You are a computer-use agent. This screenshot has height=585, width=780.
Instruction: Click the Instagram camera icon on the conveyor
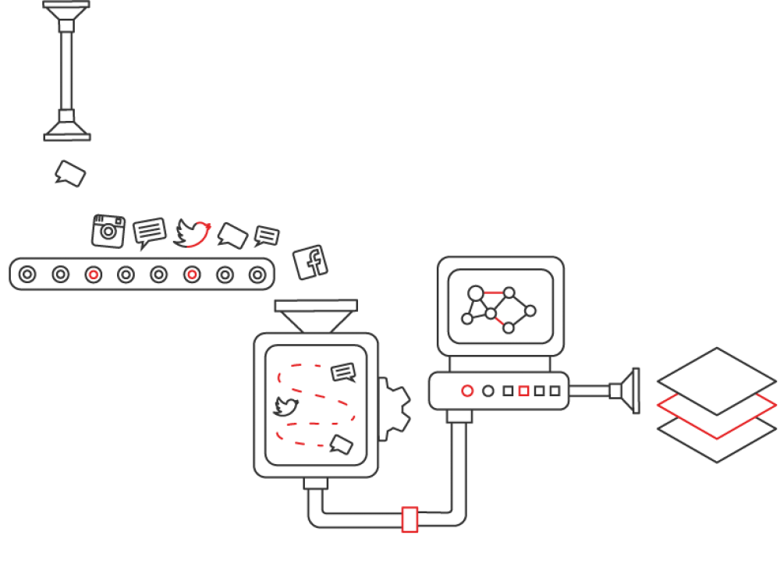point(108,231)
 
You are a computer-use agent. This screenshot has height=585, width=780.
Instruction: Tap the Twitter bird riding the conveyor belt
point(193,232)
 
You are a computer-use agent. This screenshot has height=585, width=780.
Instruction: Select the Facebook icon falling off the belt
point(310,262)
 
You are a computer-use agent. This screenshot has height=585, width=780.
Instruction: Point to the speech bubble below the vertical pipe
point(69,173)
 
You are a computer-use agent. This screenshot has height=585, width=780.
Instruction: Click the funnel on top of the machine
point(316,315)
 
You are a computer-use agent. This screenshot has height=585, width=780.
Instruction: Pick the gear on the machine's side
point(395,406)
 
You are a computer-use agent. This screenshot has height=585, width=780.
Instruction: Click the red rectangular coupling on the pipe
point(409,519)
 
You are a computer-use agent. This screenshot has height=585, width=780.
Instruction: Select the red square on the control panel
point(524,391)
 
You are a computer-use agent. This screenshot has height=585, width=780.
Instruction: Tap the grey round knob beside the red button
point(488,391)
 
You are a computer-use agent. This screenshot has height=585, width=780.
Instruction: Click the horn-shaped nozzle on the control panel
point(624,391)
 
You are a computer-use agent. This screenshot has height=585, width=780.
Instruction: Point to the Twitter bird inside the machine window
point(285,406)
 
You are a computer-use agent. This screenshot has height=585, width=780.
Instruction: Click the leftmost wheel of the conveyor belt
point(27,274)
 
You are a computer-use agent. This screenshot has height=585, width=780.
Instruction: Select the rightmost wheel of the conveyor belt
point(257,274)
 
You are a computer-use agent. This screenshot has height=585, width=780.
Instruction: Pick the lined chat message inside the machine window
point(343,373)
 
